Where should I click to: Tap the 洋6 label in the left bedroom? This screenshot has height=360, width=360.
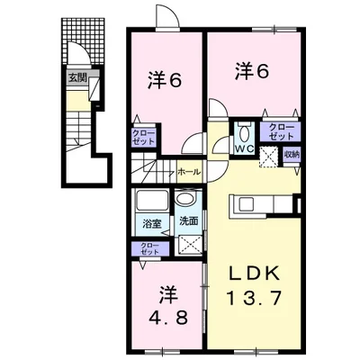(x=166, y=80)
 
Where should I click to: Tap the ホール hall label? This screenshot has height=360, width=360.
(x=188, y=169)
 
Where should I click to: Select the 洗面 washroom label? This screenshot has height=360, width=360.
(x=188, y=220)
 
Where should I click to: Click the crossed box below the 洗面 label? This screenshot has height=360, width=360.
(x=190, y=244)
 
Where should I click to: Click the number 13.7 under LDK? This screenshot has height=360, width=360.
(x=255, y=297)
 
